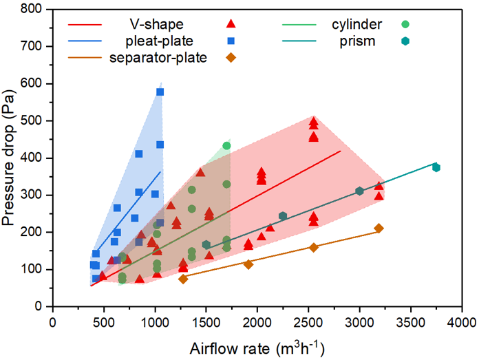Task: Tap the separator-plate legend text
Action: pyautogui.click(x=158, y=57)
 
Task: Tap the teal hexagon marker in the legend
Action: pyautogui.click(x=406, y=41)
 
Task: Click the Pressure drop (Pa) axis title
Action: pyautogui.click(x=12, y=156)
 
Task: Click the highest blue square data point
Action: pyautogui.click(x=160, y=92)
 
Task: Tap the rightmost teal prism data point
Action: pyautogui.click(x=436, y=167)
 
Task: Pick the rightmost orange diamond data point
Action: pyautogui.click(x=379, y=228)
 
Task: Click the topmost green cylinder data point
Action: pyautogui.click(x=226, y=145)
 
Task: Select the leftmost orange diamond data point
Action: pyautogui.click(x=183, y=279)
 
